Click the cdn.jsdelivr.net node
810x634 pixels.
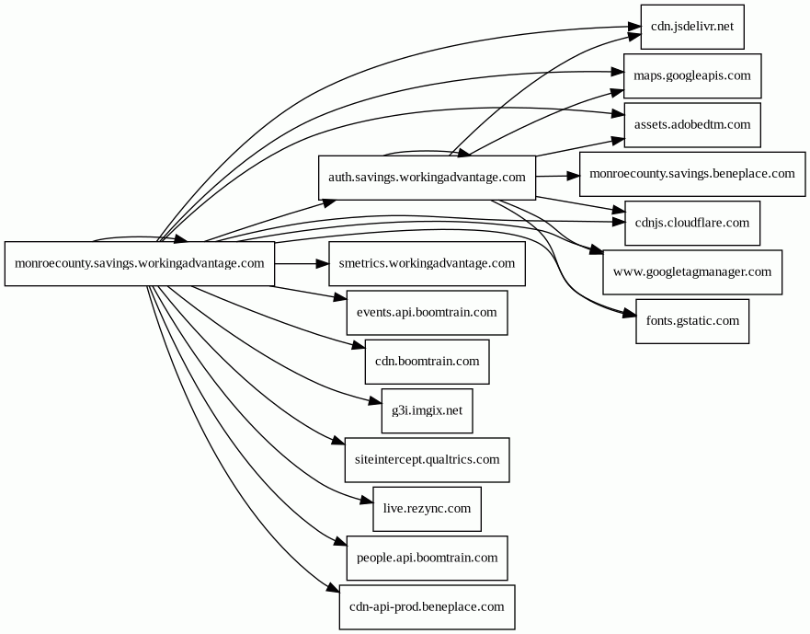click(x=691, y=27)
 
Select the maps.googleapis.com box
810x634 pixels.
click(x=691, y=76)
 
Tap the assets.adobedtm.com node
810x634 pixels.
click(x=691, y=124)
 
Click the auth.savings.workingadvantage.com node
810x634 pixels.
click(x=427, y=177)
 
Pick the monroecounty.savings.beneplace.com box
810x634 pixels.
click(x=691, y=173)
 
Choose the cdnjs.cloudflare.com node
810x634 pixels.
click(x=691, y=223)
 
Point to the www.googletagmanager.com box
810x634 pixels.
click(x=691, y=272)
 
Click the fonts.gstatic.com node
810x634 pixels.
click(x=691, y=321)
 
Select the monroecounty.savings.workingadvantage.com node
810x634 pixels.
click(x=140, y=264)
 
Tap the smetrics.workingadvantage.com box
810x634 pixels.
click(x=427, y=264)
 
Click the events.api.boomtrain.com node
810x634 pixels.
click(x=427, y=313)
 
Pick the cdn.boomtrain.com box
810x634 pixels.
click(x=427, y=362)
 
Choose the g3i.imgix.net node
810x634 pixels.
click(x=427, y=410)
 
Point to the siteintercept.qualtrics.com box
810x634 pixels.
click(x=427, y=459)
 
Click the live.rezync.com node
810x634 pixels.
click(x=427, y=509)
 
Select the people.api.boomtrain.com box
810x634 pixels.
click(x=427, y=558)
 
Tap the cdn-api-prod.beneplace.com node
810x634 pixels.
click(x=427, y=607)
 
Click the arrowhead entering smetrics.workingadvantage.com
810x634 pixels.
click(x=323, y=264)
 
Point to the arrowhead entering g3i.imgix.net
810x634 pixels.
click(x=375, y=400)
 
